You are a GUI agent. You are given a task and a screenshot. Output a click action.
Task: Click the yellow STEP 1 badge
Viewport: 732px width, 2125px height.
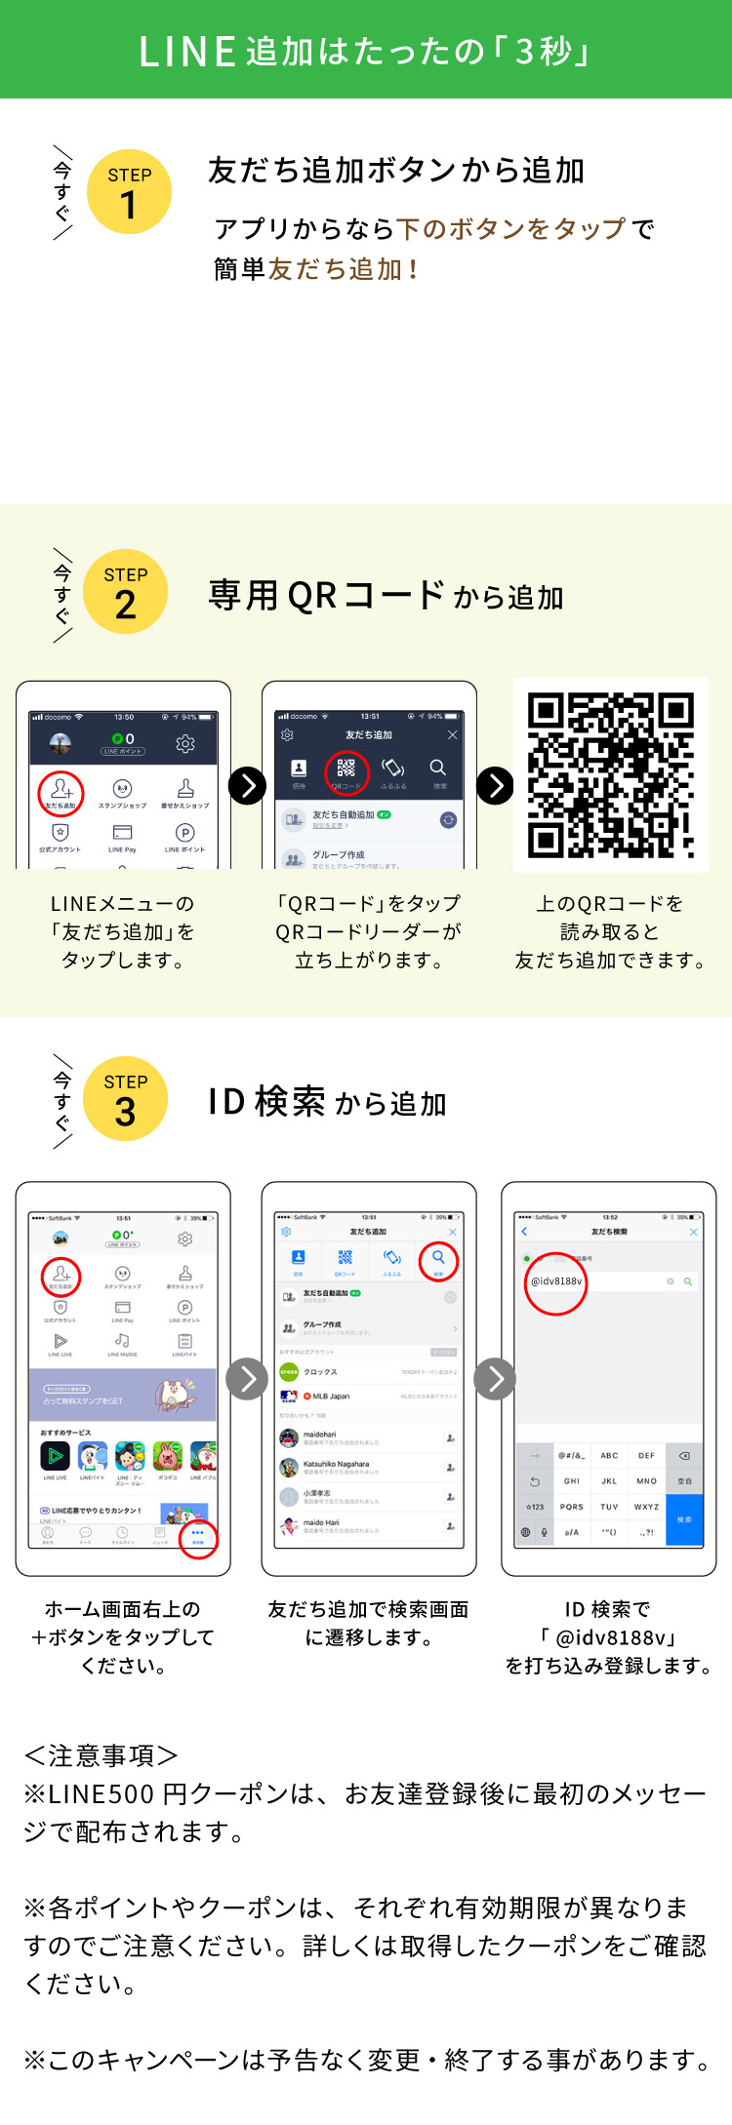[129, 192]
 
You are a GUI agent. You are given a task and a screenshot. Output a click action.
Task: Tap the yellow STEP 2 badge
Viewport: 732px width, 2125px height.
[126, 592]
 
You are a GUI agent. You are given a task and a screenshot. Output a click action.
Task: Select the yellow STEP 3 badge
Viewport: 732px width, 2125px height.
[126, 1099]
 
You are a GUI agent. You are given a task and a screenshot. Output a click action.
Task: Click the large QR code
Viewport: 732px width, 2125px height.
[611, 775]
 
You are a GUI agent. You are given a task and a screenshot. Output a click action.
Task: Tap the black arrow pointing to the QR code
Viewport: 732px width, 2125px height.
[495, 785]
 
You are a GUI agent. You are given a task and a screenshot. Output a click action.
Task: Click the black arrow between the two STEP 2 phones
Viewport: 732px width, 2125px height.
[247, 785]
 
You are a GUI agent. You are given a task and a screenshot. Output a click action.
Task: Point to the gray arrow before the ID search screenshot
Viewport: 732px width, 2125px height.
[495, 1379]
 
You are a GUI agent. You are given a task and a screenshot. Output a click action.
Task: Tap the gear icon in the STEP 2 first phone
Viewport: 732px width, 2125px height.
[185, 744]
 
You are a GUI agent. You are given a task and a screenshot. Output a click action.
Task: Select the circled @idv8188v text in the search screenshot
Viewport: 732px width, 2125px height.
[556, 1281]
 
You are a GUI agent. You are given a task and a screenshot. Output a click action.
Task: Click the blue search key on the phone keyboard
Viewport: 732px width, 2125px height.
[684, 1519]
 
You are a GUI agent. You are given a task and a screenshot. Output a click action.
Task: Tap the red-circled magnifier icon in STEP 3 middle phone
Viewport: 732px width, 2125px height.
[438, 1260]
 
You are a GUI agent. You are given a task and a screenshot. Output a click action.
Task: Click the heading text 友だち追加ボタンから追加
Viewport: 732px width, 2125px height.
[396, 171]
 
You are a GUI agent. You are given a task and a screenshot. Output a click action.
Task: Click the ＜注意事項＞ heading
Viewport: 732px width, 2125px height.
[102, 1756]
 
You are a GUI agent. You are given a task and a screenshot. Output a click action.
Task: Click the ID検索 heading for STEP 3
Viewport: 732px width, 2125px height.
[327, 1102]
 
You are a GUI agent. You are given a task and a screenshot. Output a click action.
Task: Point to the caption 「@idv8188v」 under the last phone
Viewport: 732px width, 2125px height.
[607, 1637]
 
